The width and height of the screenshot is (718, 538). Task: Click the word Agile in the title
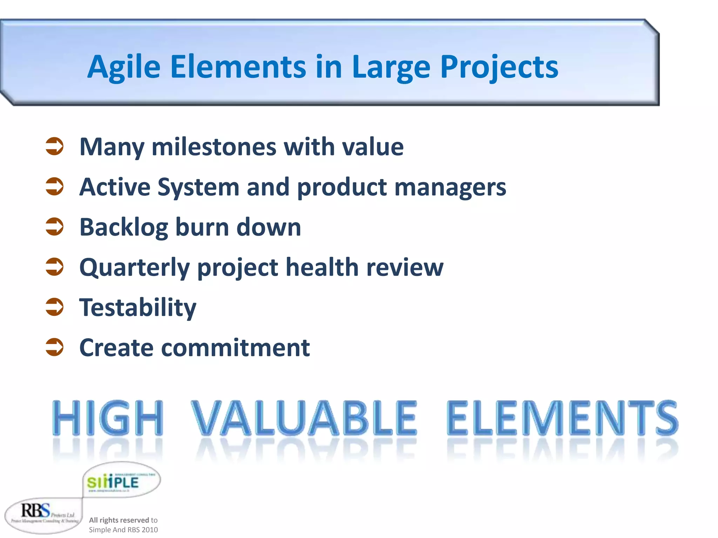point(124,67)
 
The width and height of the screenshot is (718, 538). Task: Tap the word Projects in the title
point(499,67)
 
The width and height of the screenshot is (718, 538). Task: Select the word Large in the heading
point(391,67)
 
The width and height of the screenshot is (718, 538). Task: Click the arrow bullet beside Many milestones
point(55,146)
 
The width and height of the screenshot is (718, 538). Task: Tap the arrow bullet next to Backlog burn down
point(55,226)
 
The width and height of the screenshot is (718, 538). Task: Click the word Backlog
point(124,227)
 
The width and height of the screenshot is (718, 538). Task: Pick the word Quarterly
point(135,268)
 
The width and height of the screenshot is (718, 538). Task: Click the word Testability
point(138,308)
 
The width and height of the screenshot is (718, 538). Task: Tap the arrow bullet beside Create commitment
point(55,347)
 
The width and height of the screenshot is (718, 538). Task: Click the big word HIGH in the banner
point(108,418)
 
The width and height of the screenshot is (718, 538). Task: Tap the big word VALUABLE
point(304,418)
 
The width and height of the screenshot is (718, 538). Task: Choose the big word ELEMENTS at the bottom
point(562,418)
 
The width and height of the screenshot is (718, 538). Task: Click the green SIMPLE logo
point(113,482)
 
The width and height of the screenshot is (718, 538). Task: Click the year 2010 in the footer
point(150,530)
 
